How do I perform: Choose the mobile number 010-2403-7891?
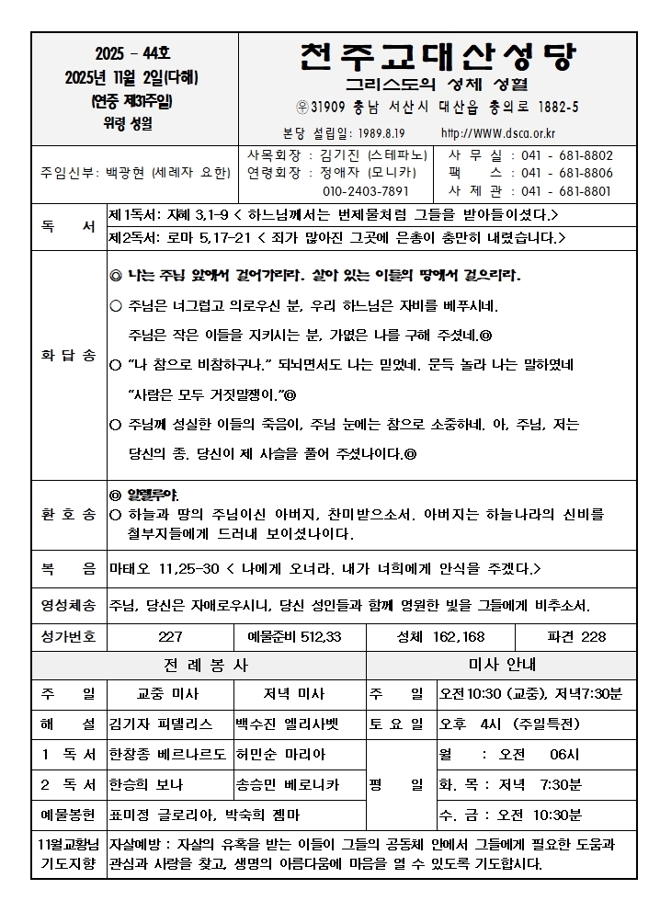[365, 191]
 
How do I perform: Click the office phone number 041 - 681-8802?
[566, 156]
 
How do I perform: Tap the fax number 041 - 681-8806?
[566, 174]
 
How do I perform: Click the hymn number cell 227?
[170, 637]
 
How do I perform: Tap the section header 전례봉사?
[199, 665]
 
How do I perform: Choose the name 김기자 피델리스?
[161, 724]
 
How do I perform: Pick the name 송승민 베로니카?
[288, 784]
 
